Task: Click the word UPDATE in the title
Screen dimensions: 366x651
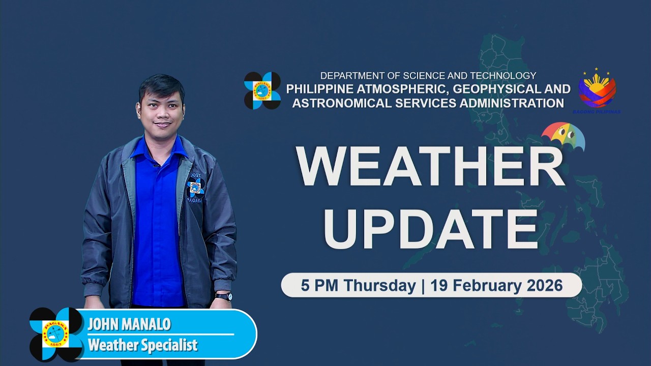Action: [x=430, y=228]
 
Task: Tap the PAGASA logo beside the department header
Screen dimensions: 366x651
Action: [x=262, y=90]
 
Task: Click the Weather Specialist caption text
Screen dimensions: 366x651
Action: [x=142, y=346]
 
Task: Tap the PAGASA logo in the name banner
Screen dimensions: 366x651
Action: [x=55, y=334]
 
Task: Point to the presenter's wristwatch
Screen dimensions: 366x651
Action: [x=224, y=296]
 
